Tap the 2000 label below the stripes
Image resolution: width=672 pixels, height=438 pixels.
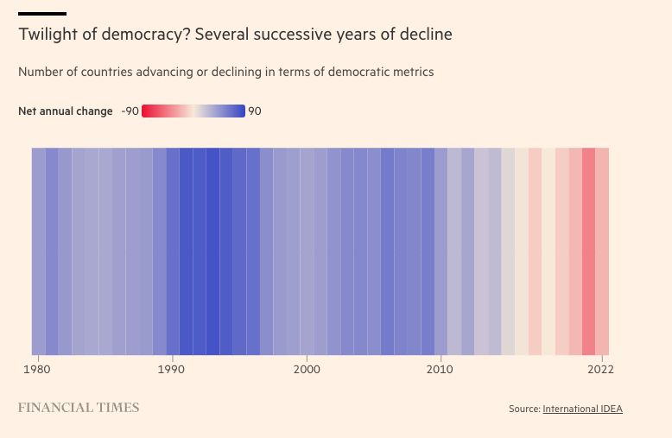pos(307,369)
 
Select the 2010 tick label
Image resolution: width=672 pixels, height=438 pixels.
pos(441,369)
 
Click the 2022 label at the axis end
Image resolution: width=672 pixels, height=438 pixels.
pos(600,369)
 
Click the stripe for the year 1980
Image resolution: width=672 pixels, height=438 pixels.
pos(39,251)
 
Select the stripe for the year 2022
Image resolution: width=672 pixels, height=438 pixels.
pos(602,251)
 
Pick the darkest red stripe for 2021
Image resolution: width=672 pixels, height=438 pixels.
pos(589,251)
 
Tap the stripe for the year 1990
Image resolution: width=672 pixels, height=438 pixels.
pos(173,251)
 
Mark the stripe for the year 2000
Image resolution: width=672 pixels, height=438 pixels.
pos(307,251)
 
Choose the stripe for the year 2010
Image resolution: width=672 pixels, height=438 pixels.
pos(441,251)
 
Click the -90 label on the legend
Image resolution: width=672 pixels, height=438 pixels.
pos(130,111)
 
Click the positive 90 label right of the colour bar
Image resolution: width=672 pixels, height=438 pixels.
pos(255,111)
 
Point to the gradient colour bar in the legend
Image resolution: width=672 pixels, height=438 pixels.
pos(193,111)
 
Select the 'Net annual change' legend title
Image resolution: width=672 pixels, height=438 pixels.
pos(66,111)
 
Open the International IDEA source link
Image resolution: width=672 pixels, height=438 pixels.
pos(582,409)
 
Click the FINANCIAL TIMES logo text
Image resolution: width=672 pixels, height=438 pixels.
pos(79,408)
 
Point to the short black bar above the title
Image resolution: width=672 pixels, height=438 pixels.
pos(42,14)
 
